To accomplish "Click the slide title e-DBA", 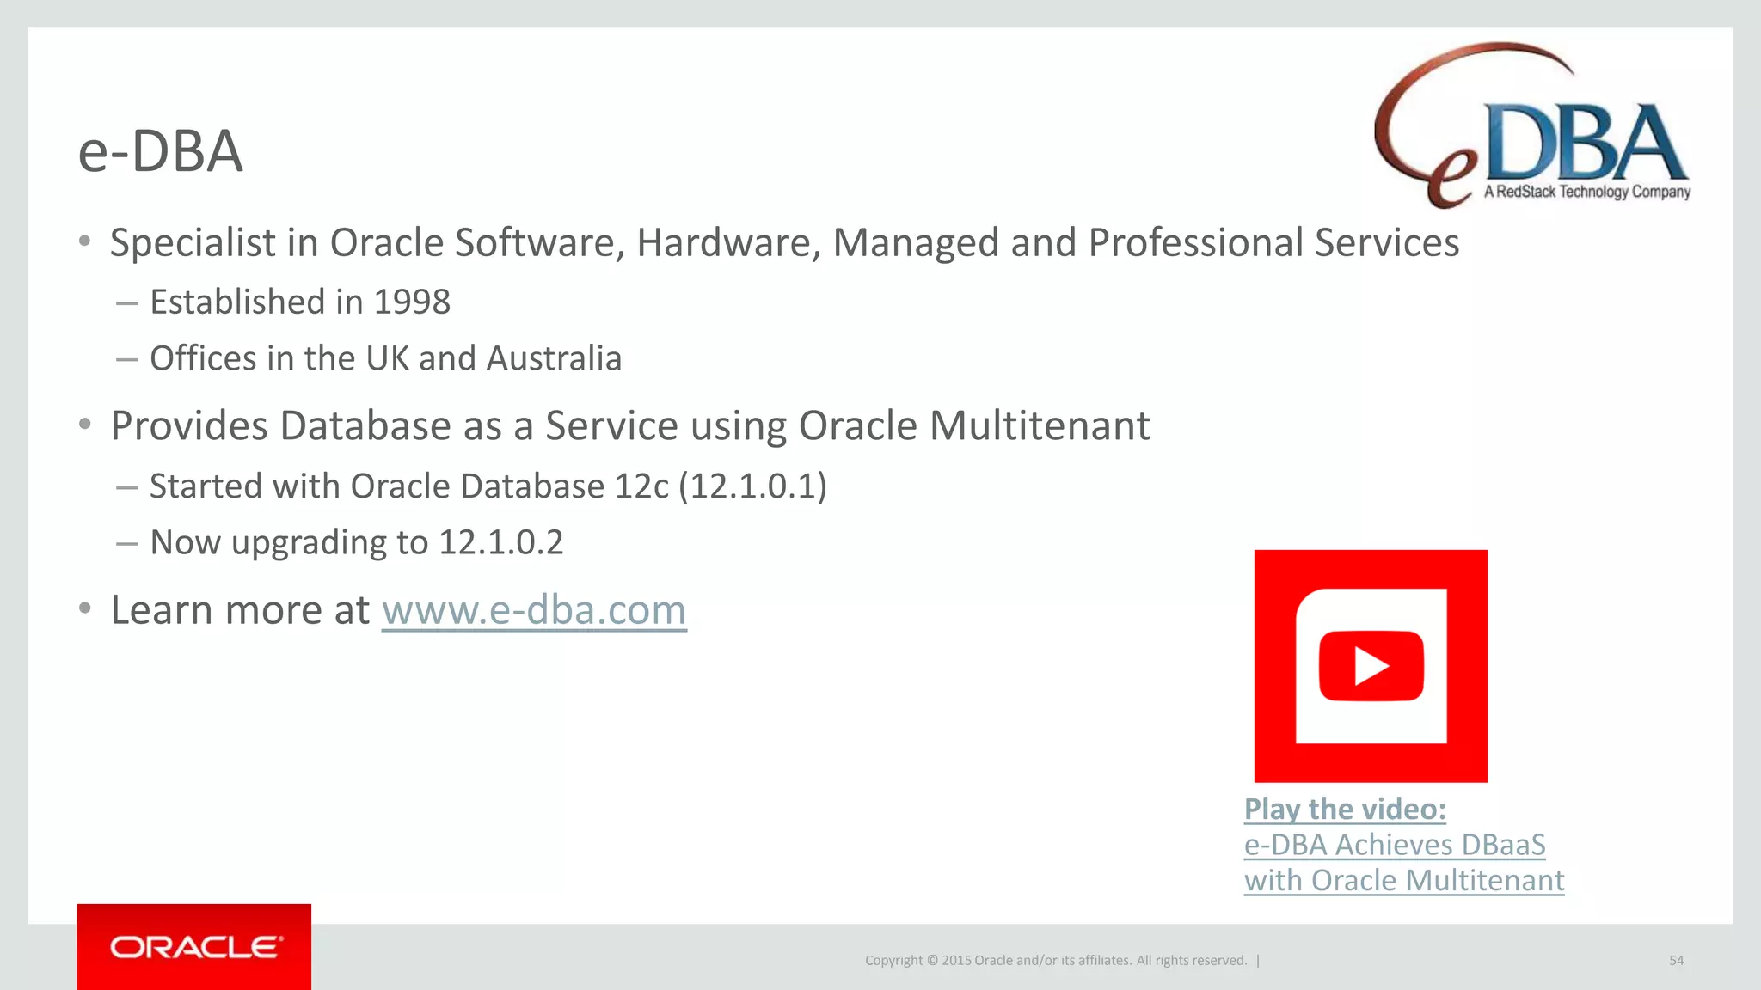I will coord(160,152).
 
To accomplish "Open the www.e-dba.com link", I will coord(534,611).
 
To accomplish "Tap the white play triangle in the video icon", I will coord(1371,666).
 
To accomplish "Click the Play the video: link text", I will coord(1345,810).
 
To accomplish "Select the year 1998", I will coord(412,302).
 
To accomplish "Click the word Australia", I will coord(554,358).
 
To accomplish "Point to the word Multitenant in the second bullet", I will coord(1040,426).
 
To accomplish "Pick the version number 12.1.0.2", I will coord(500,543).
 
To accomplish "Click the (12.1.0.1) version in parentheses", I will coord(752,486).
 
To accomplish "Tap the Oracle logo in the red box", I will coord(194,947).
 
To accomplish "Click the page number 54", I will coord(1676,961).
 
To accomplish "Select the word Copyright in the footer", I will coord(893,961).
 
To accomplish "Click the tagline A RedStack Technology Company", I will coord(1587,192).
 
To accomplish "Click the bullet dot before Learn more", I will coord(84,609).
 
